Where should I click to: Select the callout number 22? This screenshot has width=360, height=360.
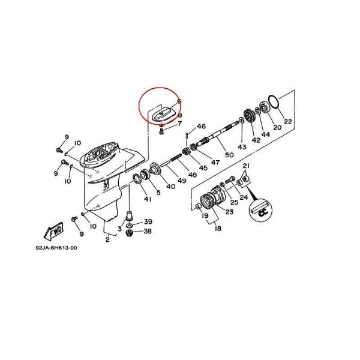(x=288, y=122)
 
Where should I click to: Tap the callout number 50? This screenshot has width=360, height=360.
(x=229, y=155)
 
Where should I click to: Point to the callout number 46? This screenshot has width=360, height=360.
(x=202, y=127)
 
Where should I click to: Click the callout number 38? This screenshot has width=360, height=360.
(x=147, y=231)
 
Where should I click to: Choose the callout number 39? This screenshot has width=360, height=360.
(x=147, y=221)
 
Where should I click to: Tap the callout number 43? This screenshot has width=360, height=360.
(x=242, y=147)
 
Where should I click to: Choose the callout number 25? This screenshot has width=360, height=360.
(x=234, y=202)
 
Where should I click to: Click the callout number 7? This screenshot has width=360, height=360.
(x=179, y=124)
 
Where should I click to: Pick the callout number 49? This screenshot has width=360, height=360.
(x=182, y=181)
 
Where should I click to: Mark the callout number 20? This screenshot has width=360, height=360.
(x=277, y=128)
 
